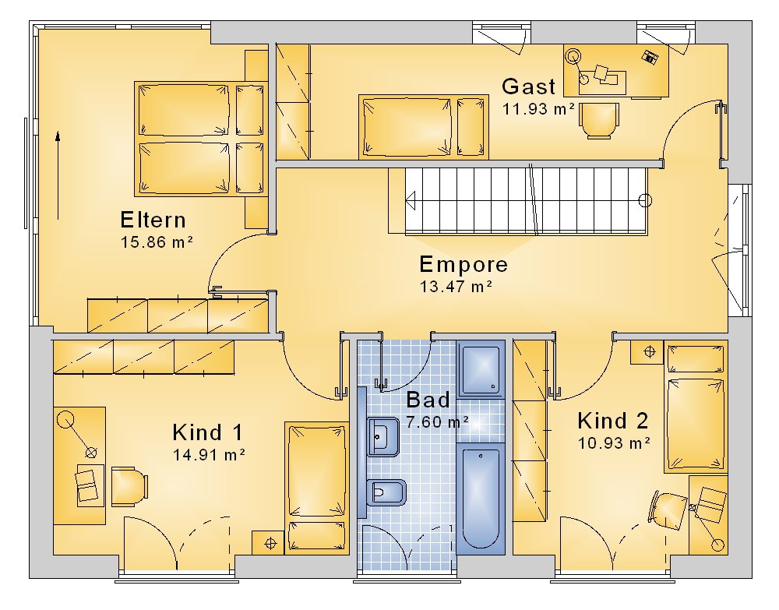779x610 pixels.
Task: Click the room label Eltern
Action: pos(153,220)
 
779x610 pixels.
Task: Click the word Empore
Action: pos(464,264)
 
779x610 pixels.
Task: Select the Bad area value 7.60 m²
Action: pos(437,421)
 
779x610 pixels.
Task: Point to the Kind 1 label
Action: pos(208,432)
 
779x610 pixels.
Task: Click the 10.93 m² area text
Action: pos(614,443)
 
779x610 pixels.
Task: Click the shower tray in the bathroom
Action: pos(481,369)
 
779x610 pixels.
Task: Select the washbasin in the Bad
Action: pos(383,437)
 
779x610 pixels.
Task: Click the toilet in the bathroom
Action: pos(386,493)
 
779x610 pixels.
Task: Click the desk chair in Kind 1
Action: pos(129,486)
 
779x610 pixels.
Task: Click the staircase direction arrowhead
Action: pos(411,201)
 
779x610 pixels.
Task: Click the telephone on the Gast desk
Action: pos(650,57)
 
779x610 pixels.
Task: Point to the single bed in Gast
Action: pos(423,127)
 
